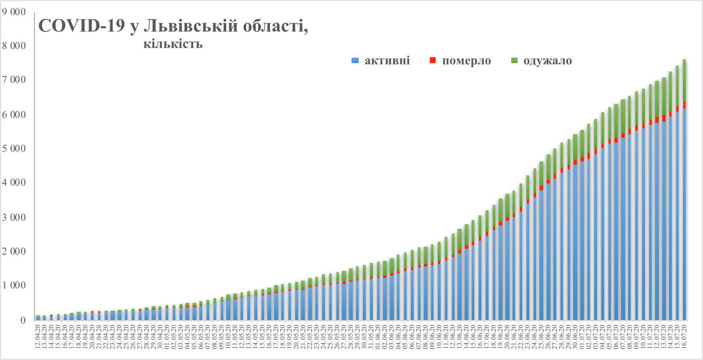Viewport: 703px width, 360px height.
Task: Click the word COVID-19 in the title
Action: point(82,26)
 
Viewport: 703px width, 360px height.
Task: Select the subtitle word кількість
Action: point(173,44)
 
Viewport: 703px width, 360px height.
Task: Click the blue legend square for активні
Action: point(355,61)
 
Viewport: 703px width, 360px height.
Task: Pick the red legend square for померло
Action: point(433,61)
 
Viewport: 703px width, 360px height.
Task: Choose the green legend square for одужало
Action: point(515,61)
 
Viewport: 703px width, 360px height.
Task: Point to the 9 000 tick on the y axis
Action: point(14,12)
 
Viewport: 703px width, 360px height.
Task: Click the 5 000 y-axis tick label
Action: point(14,149)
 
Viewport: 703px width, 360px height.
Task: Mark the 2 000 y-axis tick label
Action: point(14,251)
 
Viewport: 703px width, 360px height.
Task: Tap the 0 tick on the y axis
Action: point(23,320)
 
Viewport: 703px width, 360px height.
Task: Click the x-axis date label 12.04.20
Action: point(38,336)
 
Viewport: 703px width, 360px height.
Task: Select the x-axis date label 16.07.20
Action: point(685,336)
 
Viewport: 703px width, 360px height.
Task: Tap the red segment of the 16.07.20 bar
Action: point(685,105)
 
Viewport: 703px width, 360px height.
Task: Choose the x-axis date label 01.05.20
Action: point(167,336)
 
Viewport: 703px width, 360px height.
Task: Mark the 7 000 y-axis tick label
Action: point(14,80)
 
